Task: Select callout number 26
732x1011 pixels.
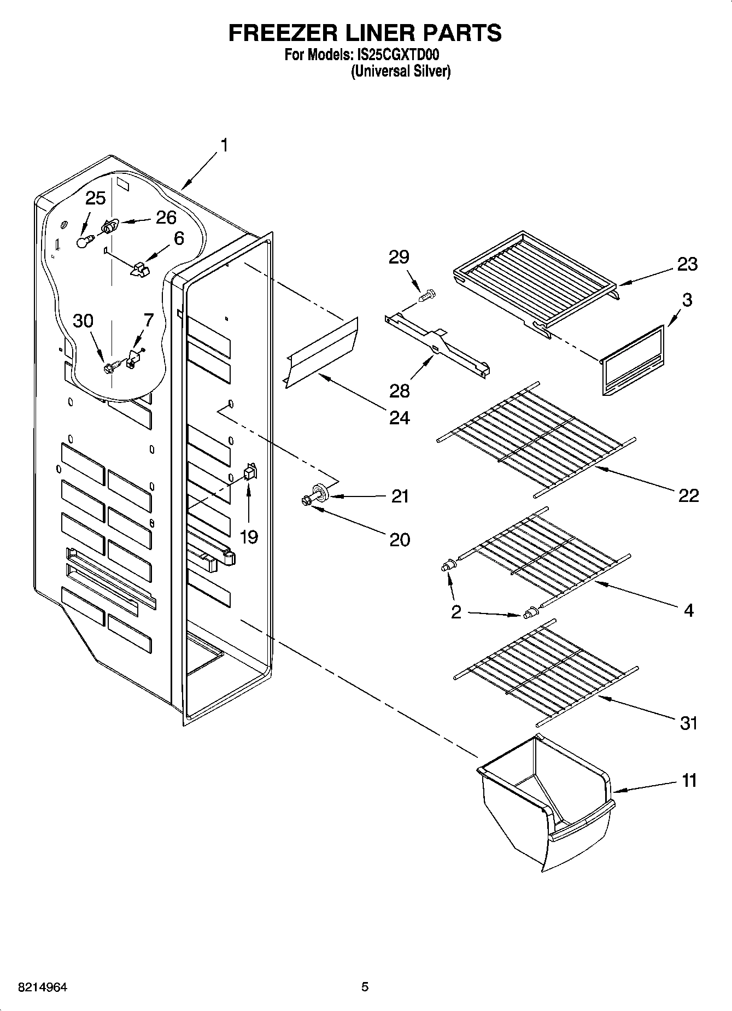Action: pos(166,218)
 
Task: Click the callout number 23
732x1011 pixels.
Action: pos(687,264)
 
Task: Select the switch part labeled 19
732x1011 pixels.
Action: pos(249,472)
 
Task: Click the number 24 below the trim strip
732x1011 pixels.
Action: pos(399,418)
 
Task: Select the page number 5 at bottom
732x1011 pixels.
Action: pos(365,987)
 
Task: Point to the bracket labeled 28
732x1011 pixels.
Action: pos(437,346)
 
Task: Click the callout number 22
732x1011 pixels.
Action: pos(688,495)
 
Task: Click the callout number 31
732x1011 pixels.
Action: pos(688,723)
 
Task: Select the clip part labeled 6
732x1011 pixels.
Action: pos(140,268)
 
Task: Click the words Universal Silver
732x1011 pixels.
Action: pos(401,71)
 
